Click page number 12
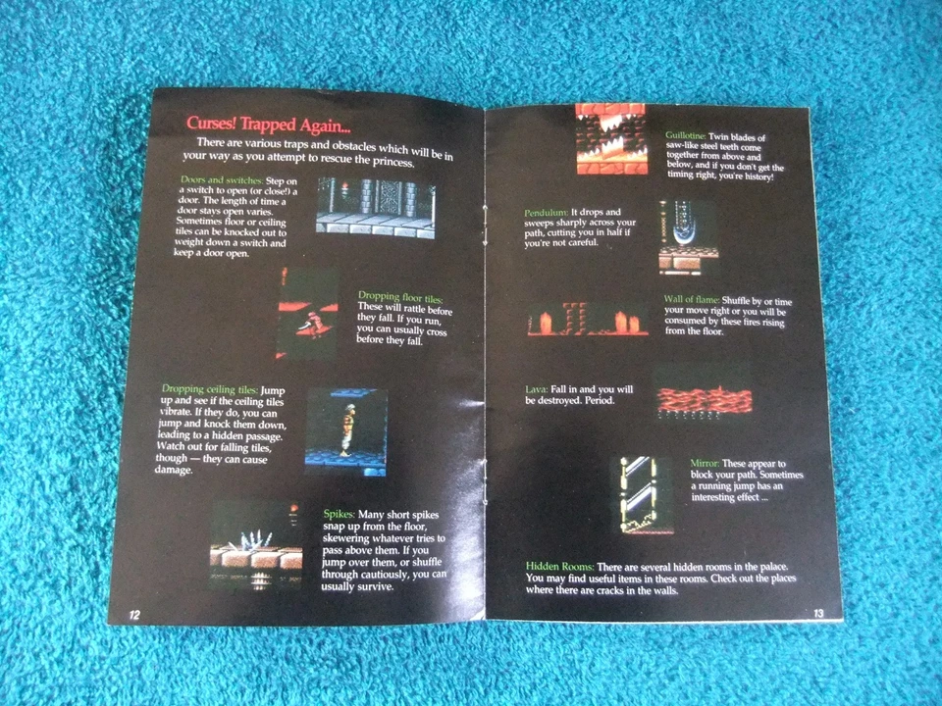click(134, 614)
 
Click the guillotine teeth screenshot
click(610, 139)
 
